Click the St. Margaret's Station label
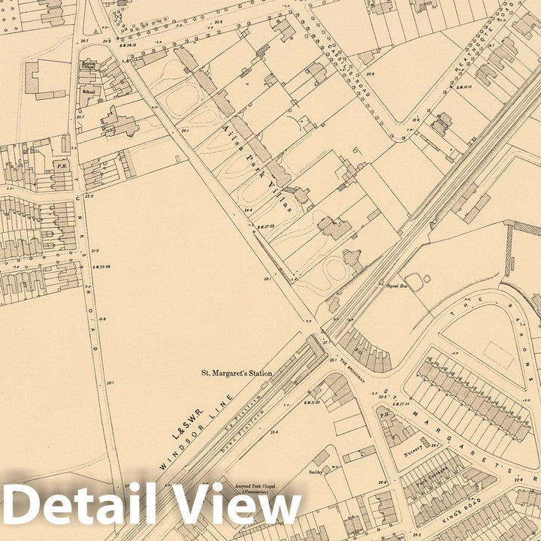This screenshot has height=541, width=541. [x=236, y=372]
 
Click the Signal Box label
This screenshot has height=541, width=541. [x=396, y=286]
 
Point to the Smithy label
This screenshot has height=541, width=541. [x=315, y=472]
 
